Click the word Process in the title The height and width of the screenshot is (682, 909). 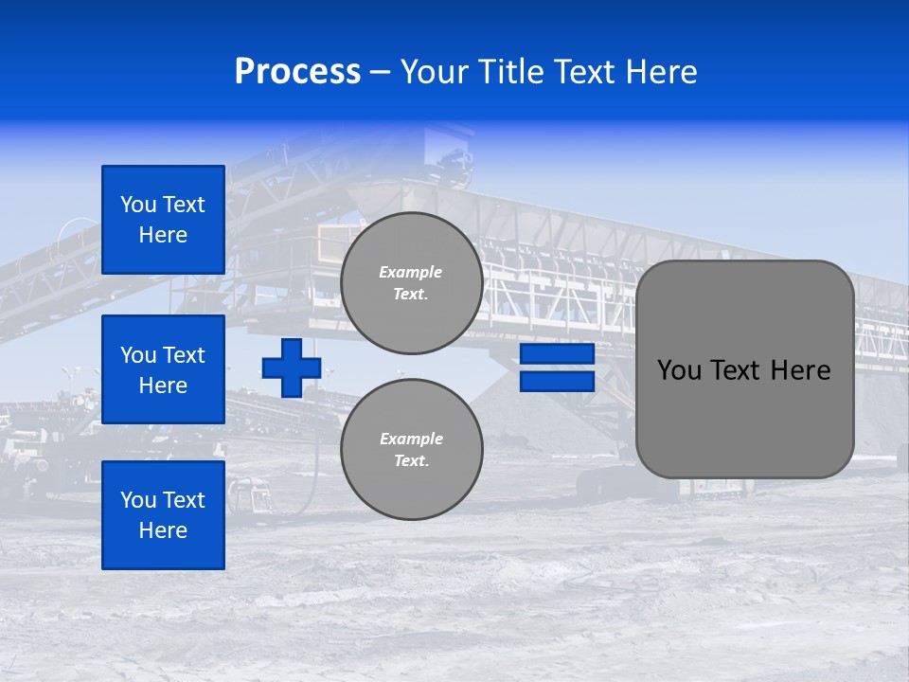(297, 72)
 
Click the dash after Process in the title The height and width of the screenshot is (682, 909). (380, 73)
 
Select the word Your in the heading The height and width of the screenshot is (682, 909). (435, 72)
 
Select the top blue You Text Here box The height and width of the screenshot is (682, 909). (163, 220)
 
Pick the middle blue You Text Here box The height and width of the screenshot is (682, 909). (163, 369)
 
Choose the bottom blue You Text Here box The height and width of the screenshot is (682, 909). (163, 515)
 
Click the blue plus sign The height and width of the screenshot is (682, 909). (292, 368)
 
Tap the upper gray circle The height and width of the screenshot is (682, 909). (411, 283)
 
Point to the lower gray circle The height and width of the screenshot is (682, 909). (411, 450)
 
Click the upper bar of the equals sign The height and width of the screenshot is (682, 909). (557, 354)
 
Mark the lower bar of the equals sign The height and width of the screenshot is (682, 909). (557, 381)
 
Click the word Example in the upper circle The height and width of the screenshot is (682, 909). (411, 272)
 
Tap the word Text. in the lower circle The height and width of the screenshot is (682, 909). (411, 461)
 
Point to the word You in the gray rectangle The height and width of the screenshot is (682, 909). (679, 370)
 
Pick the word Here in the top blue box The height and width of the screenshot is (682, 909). (163, 235)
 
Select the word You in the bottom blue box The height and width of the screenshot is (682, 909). (138, 500)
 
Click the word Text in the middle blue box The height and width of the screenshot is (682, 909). (183, 355)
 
